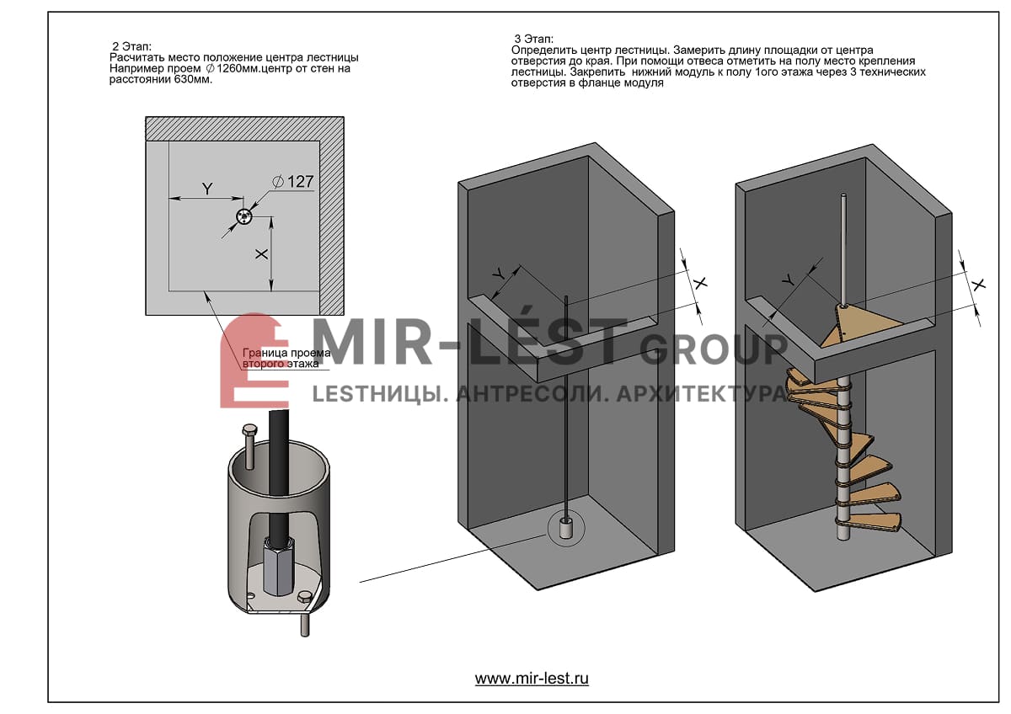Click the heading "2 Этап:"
click(131, 46)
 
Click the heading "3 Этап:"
click(533, 39)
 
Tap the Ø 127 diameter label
click(292, 181)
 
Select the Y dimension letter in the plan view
click(207, 189)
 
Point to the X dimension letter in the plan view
click(261, 254)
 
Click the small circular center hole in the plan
click(243, 216)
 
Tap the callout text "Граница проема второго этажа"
click(286, 358)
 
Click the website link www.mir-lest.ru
click(532, 678)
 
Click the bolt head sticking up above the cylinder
click(249, 429)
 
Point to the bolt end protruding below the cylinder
click(305, 624)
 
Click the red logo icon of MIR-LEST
click(254, 360)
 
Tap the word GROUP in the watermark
click(712, 349)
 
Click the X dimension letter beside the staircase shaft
click(978, 285)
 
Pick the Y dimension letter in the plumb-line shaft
click(498, 274)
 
